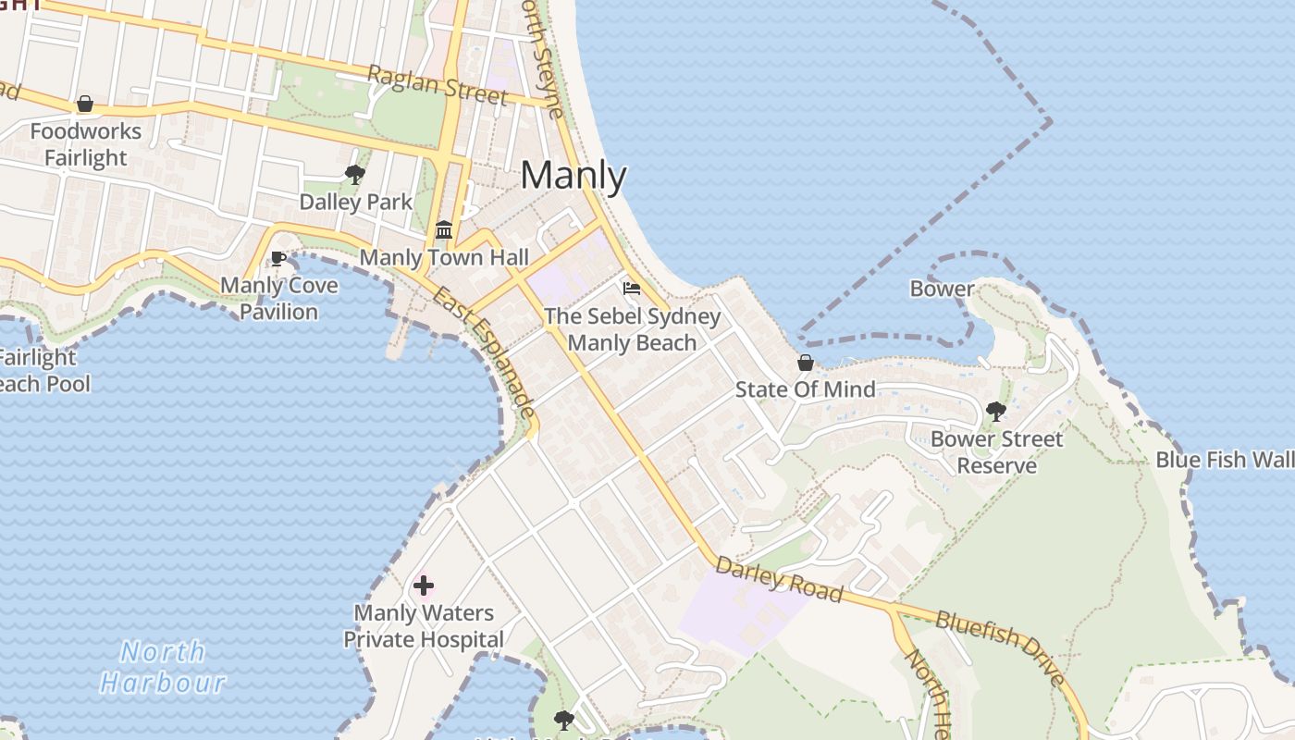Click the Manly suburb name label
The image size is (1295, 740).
(573, 176)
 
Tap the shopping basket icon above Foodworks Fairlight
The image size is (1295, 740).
(85, 104)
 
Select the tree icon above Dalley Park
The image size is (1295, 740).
(354, 174)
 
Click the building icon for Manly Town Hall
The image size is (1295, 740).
(444, 229)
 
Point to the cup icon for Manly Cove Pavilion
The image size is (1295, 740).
(277, 258)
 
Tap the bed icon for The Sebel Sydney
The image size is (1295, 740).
(632, 289)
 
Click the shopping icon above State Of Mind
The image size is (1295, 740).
(806, 363)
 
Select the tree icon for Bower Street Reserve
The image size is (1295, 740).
(996, 412)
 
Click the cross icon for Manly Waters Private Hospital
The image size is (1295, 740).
(424, 586)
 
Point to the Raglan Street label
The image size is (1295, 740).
(438, 85)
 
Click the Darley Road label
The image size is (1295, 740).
(779, 580)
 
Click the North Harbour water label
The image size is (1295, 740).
(163, 667)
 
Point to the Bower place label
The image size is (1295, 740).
(942, 289)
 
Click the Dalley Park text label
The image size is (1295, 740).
(356, 202)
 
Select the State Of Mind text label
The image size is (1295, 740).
(805, 389)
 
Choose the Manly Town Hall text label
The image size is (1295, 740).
(444, 257)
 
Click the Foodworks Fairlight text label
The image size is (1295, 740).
(86, 144)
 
